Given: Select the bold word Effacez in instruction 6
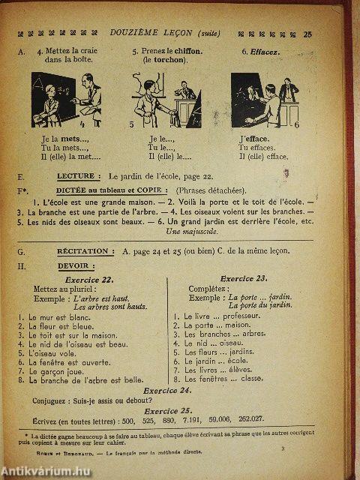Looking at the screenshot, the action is click(x=261, y=51).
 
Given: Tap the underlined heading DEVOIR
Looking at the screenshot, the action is click(x=70, y=265).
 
